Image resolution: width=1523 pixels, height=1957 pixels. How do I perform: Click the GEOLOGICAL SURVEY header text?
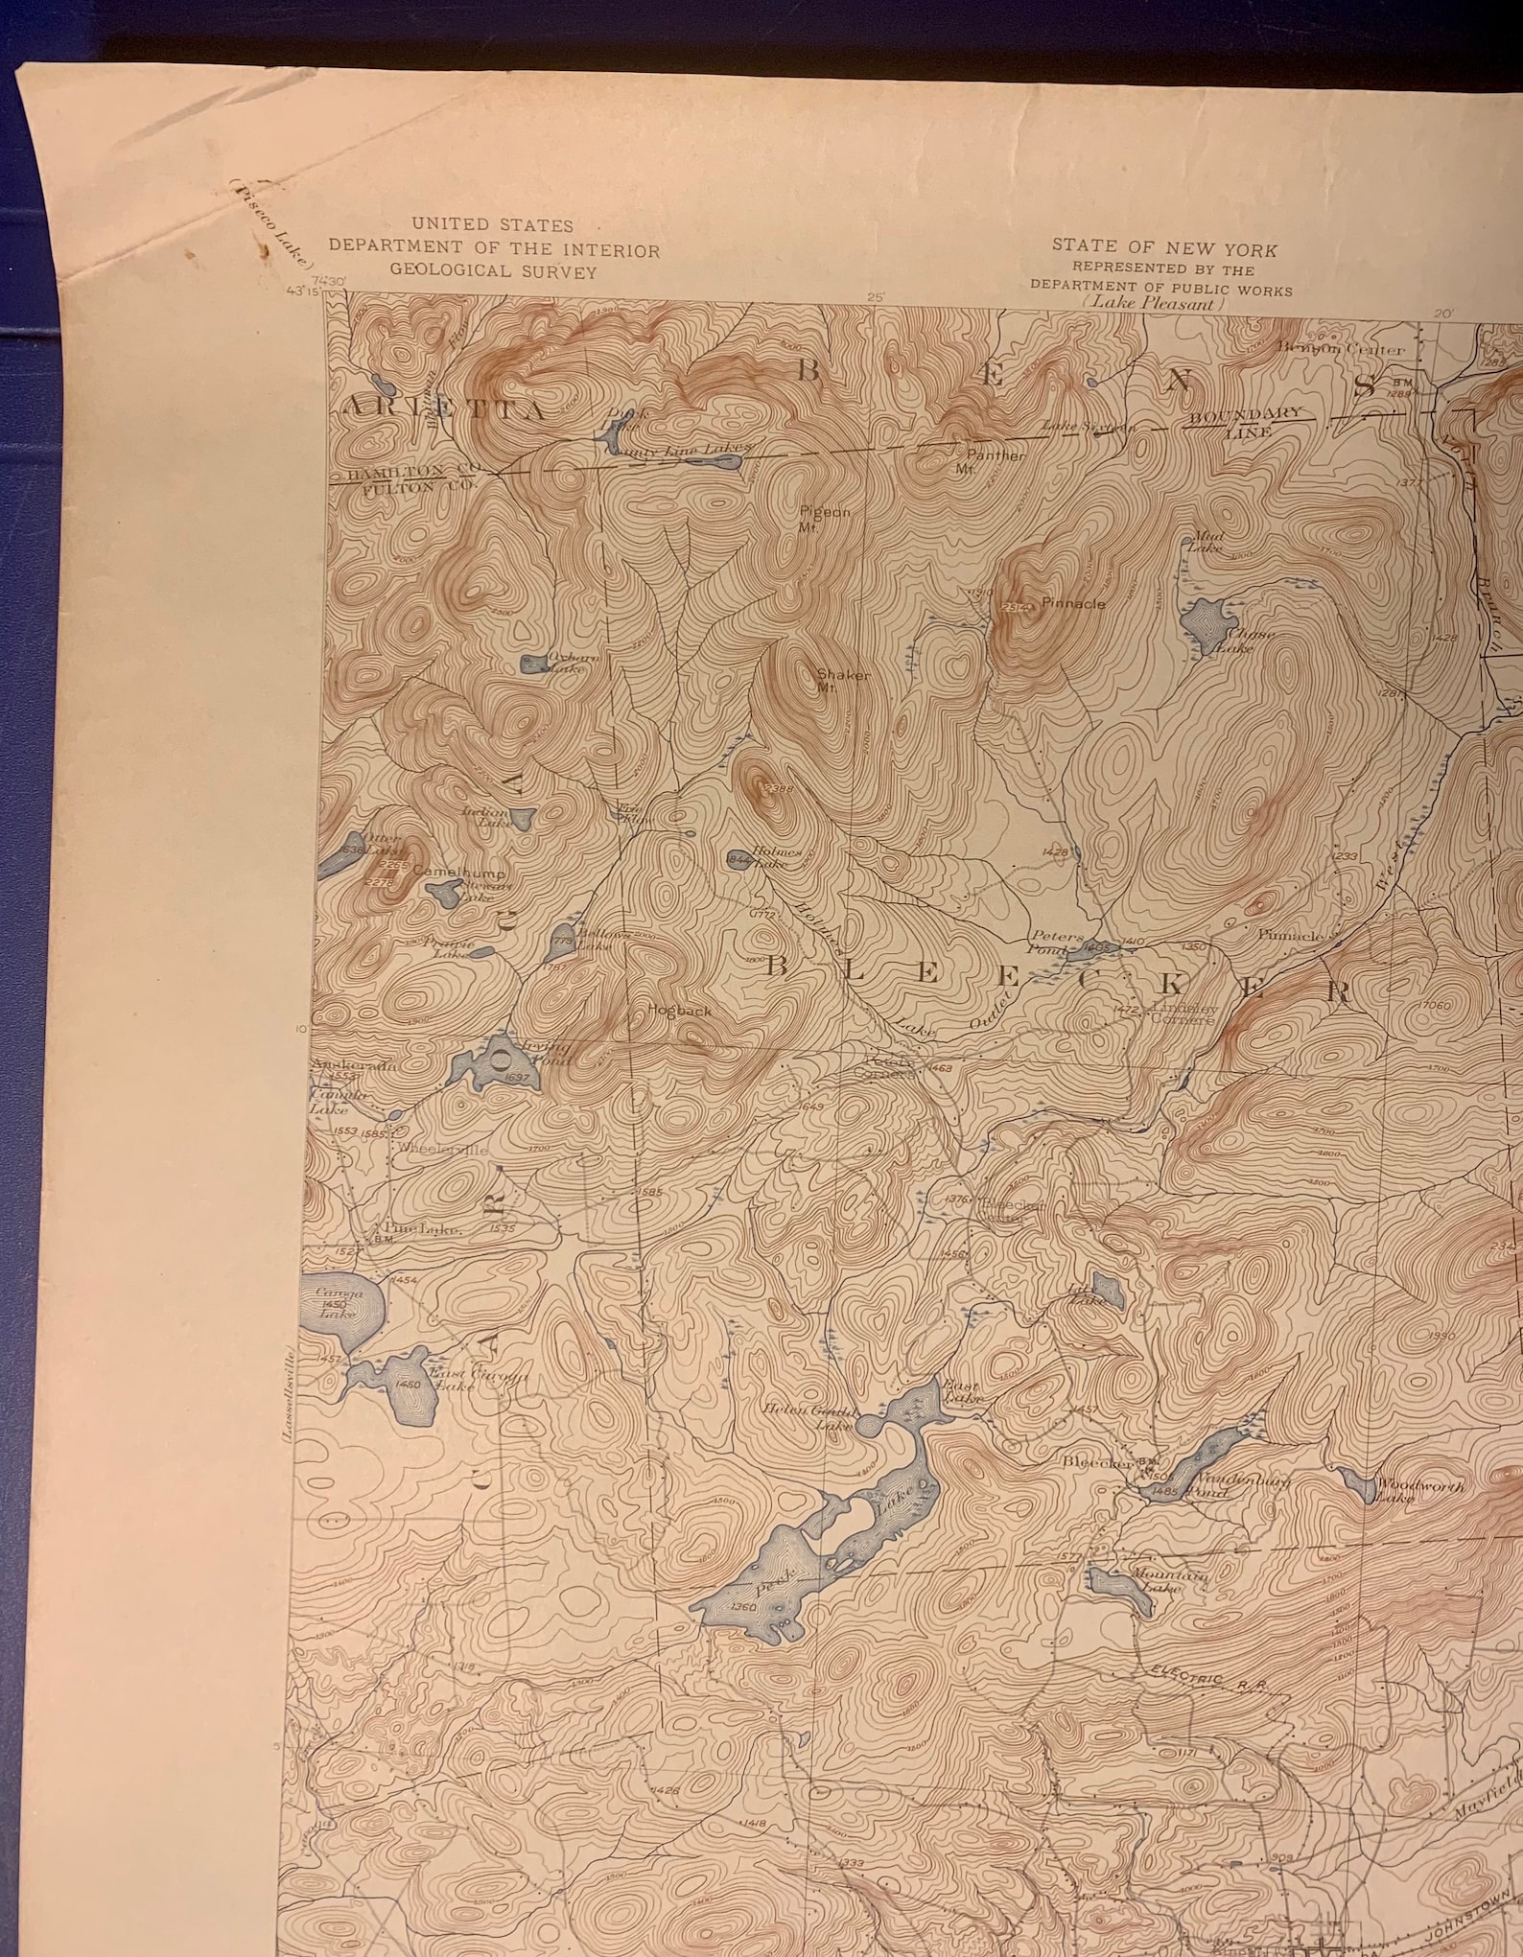pyautogui.click(x=493, y=271)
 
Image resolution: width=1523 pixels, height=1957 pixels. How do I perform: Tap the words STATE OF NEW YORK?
pyautogui.click(x=1164, y=248)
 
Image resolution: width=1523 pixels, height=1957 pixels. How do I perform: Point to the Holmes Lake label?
pyautogui.click(x=769, y=855)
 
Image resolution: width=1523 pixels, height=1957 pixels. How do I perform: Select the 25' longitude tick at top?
pyautogui.click(x=874, y=298)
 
